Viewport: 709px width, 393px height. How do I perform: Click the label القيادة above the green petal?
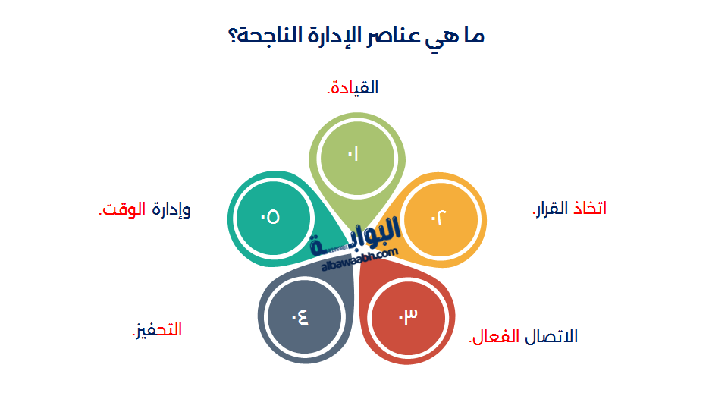[353, 88]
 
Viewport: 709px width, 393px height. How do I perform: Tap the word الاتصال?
[551, 336]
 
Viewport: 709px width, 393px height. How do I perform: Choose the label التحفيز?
[157, 330]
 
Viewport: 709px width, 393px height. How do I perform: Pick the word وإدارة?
[171, 210]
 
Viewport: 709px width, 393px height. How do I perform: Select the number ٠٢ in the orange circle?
[440, 218]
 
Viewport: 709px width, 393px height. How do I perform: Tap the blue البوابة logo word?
[364, 237]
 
